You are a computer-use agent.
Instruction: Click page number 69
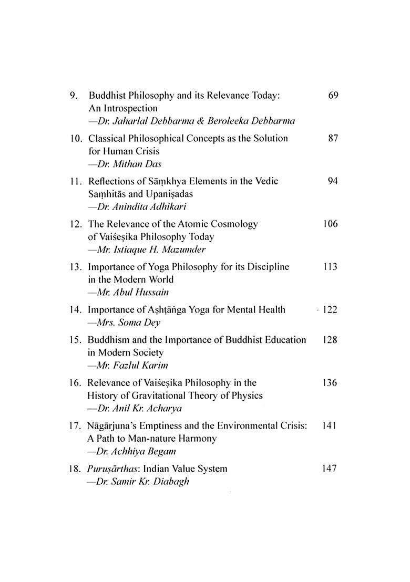coord(332,96)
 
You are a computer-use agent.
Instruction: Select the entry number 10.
coord(75,138)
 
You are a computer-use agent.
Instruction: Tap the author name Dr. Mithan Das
coord(122,163)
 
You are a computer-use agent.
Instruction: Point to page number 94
coord(332,181)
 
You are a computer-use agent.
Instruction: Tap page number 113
coord(330,267)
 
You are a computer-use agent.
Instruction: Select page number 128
coord(330,339)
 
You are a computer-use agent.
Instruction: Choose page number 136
coord(330,382)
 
